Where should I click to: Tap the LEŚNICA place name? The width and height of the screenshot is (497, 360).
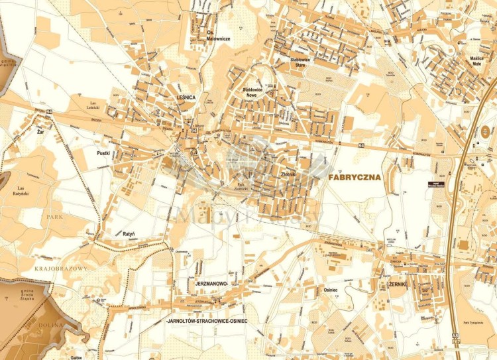pos(186,97)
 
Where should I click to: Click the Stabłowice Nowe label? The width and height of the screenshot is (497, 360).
pos(253,92)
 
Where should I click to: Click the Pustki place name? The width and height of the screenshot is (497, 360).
pos(102,152)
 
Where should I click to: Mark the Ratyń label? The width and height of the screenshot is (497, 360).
pos(129,234)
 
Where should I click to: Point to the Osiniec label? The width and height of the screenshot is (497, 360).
pos(331,289)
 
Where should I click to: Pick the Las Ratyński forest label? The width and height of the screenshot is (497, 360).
pos(24,192)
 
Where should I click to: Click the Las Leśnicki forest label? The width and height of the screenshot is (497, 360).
pos(97,105)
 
